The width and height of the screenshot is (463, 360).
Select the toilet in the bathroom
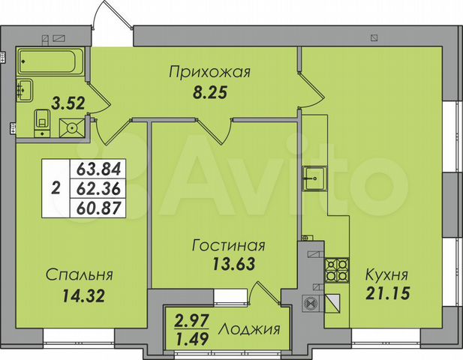click(x=42, y=119)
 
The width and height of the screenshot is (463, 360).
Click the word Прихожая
click(x=209, y=73)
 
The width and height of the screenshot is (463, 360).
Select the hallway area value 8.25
click(x=207, y=95)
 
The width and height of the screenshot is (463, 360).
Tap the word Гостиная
click(x=228, y=246)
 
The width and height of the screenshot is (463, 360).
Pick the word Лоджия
click(x=250, y=330)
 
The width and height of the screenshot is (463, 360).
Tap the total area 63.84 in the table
click(x=98, y=167)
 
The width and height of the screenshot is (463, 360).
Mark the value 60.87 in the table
click(x=98, y=205)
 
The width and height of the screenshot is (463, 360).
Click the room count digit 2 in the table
click(x=57, y=187)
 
